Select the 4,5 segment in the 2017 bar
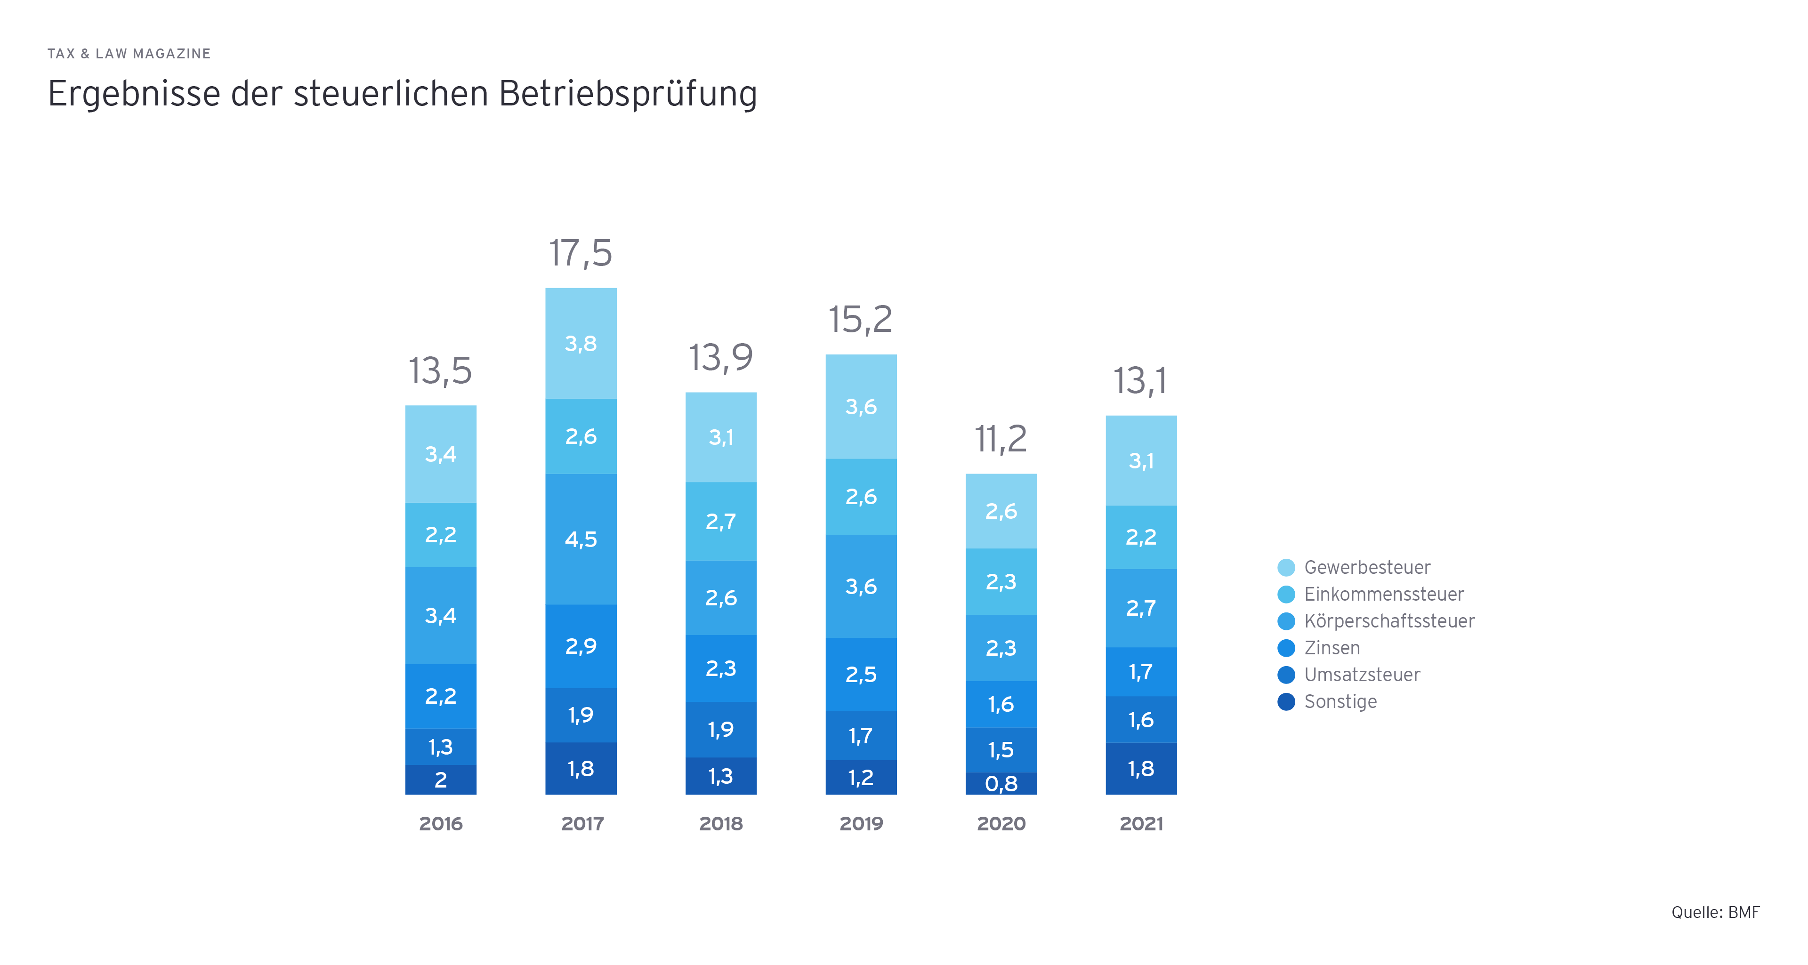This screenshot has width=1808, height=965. coord(581,539)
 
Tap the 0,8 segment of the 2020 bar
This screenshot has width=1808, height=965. coord(1001,783)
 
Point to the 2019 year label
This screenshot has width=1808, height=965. coord(861,823)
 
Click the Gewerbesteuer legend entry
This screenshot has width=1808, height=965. coord(1366,567)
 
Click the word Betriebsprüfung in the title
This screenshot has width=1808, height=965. coord(628,94)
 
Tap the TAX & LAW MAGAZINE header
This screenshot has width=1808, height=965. coord(129,54)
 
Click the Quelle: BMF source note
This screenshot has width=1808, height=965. coord(1715,912)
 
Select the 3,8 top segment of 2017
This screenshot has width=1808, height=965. coord(581,343)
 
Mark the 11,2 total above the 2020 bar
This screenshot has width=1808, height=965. coord(1001,439)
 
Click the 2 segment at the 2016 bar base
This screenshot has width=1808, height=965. coord(441,780)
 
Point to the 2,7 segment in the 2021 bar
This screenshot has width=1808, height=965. coord(1141,608)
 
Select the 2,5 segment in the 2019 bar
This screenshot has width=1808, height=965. coord(861,675)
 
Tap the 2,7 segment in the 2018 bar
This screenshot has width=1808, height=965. coord(721,522)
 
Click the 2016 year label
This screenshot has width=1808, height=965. coord(441,823)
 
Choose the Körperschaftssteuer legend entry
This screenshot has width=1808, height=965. coord(1388,621)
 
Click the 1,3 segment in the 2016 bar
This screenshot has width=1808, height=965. coord(441,747)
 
